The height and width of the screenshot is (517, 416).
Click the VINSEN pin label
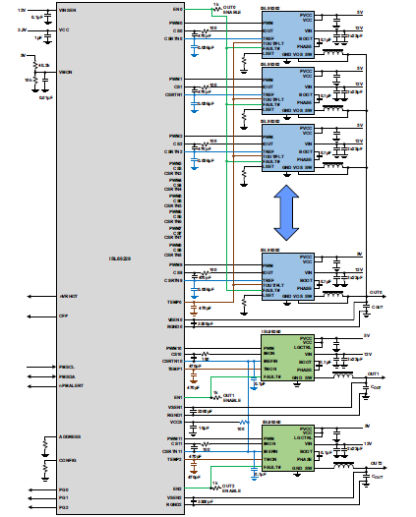tap(71, 8)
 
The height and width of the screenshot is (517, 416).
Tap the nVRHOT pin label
tap(69, 295)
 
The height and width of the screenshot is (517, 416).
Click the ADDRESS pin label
tap(71, 436)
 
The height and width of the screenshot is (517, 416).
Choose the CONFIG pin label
tap(68, 458)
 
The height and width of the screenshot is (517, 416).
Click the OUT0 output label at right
tap(376, 292)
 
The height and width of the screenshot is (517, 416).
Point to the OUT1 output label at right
tap(374, 373)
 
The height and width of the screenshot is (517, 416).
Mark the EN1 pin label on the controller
tap(176, 397)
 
